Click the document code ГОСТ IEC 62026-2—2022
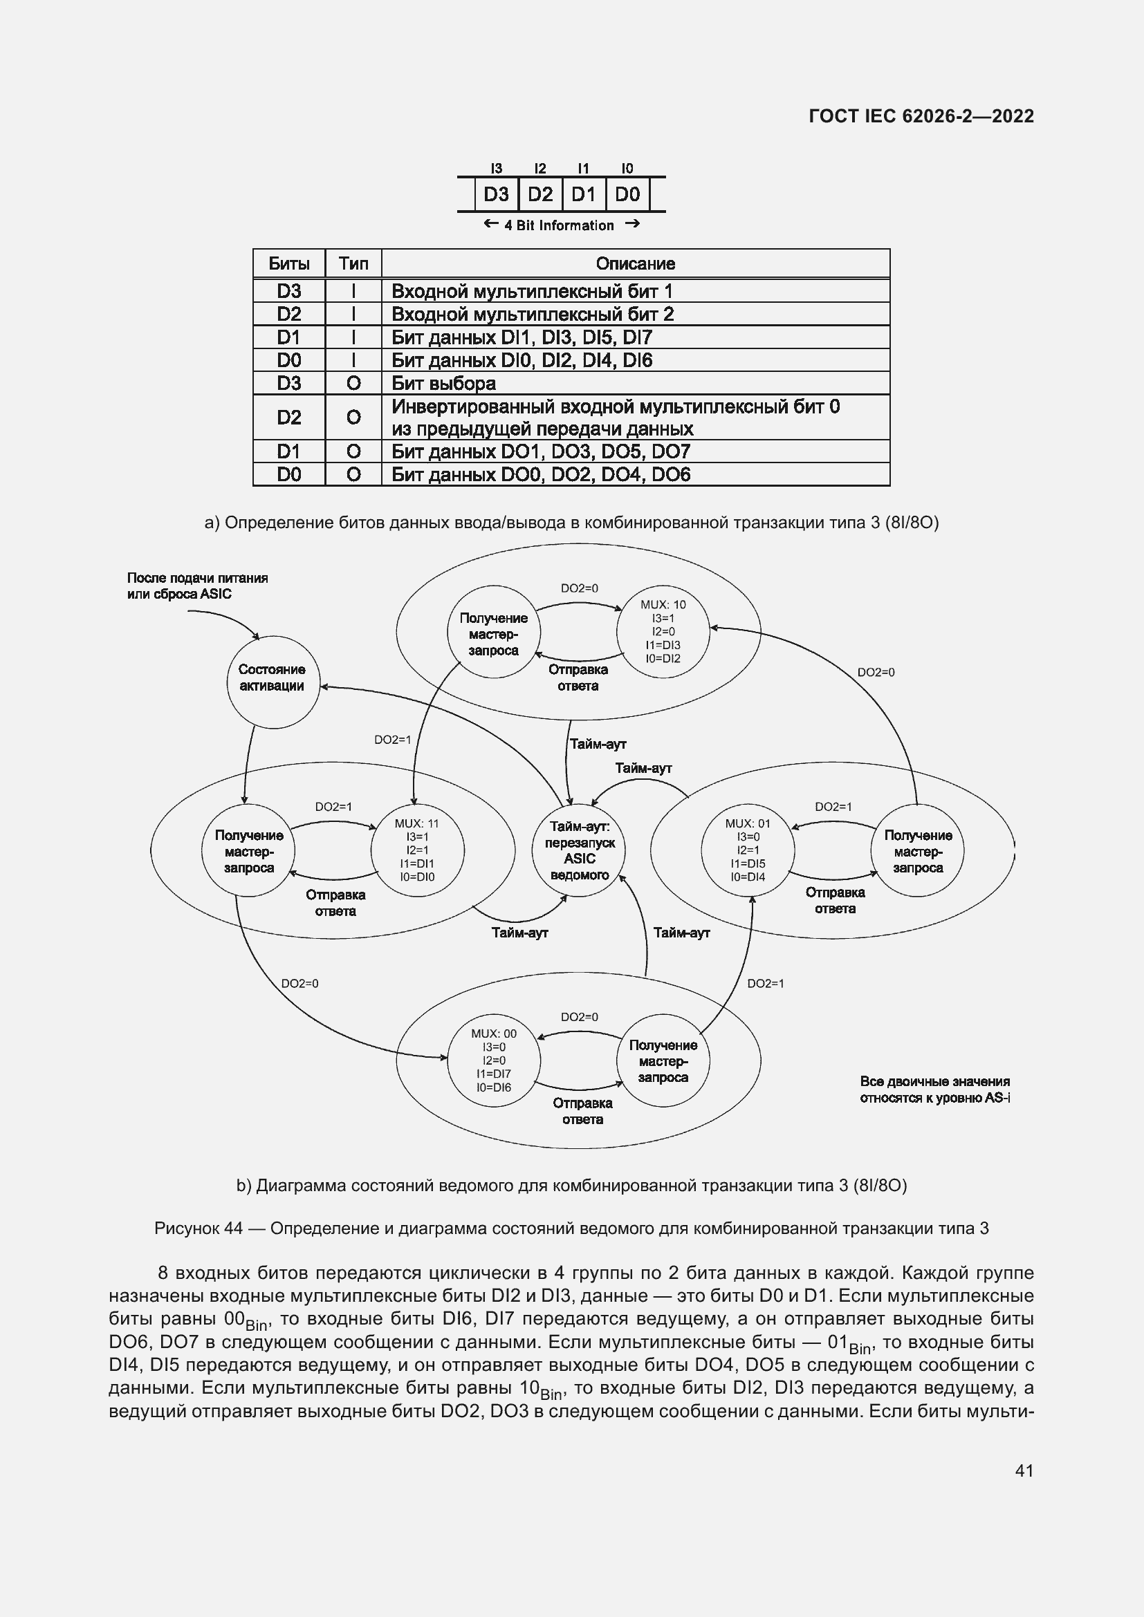point(921,116)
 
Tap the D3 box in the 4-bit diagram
point(496,194)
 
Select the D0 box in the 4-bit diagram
point(627,194)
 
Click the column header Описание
point(635,263)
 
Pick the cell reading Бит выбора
point(444,384)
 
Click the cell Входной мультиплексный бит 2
point(532,314)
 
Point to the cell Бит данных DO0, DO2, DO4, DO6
point(540,475)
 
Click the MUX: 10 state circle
point(662,631)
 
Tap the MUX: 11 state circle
point(417,850)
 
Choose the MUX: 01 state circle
point(748,850)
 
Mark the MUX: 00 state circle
point(494,1060)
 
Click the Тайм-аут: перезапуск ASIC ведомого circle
point(579,850)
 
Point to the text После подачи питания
point(197,578)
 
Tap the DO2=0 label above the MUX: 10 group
point(579,588)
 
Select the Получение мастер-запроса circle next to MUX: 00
point(662,1060)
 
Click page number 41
point(1024,1470)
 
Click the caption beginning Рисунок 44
point(571,1228)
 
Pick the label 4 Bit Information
point(559,225)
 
